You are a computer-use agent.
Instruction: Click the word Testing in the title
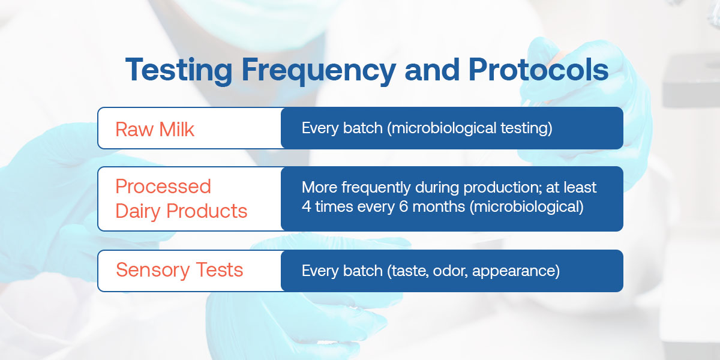tap(179, 71)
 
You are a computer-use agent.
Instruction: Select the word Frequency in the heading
tap(319, 71)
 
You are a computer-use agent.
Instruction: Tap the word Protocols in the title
tap(538, 70)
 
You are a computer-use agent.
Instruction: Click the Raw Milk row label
tap(155, 130)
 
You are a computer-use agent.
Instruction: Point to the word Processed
tap(163, 187)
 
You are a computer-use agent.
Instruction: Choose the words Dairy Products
tap(181, 211)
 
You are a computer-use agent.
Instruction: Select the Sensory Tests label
tap(179, 269)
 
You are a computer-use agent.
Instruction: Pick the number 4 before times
tap(307, 206)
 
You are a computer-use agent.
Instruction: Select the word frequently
tap(376, 188)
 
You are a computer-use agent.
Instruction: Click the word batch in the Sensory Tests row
tap(363, 271)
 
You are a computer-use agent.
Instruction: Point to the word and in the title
tap(432, 70)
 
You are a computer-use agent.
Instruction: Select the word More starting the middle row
tap(319, 188)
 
